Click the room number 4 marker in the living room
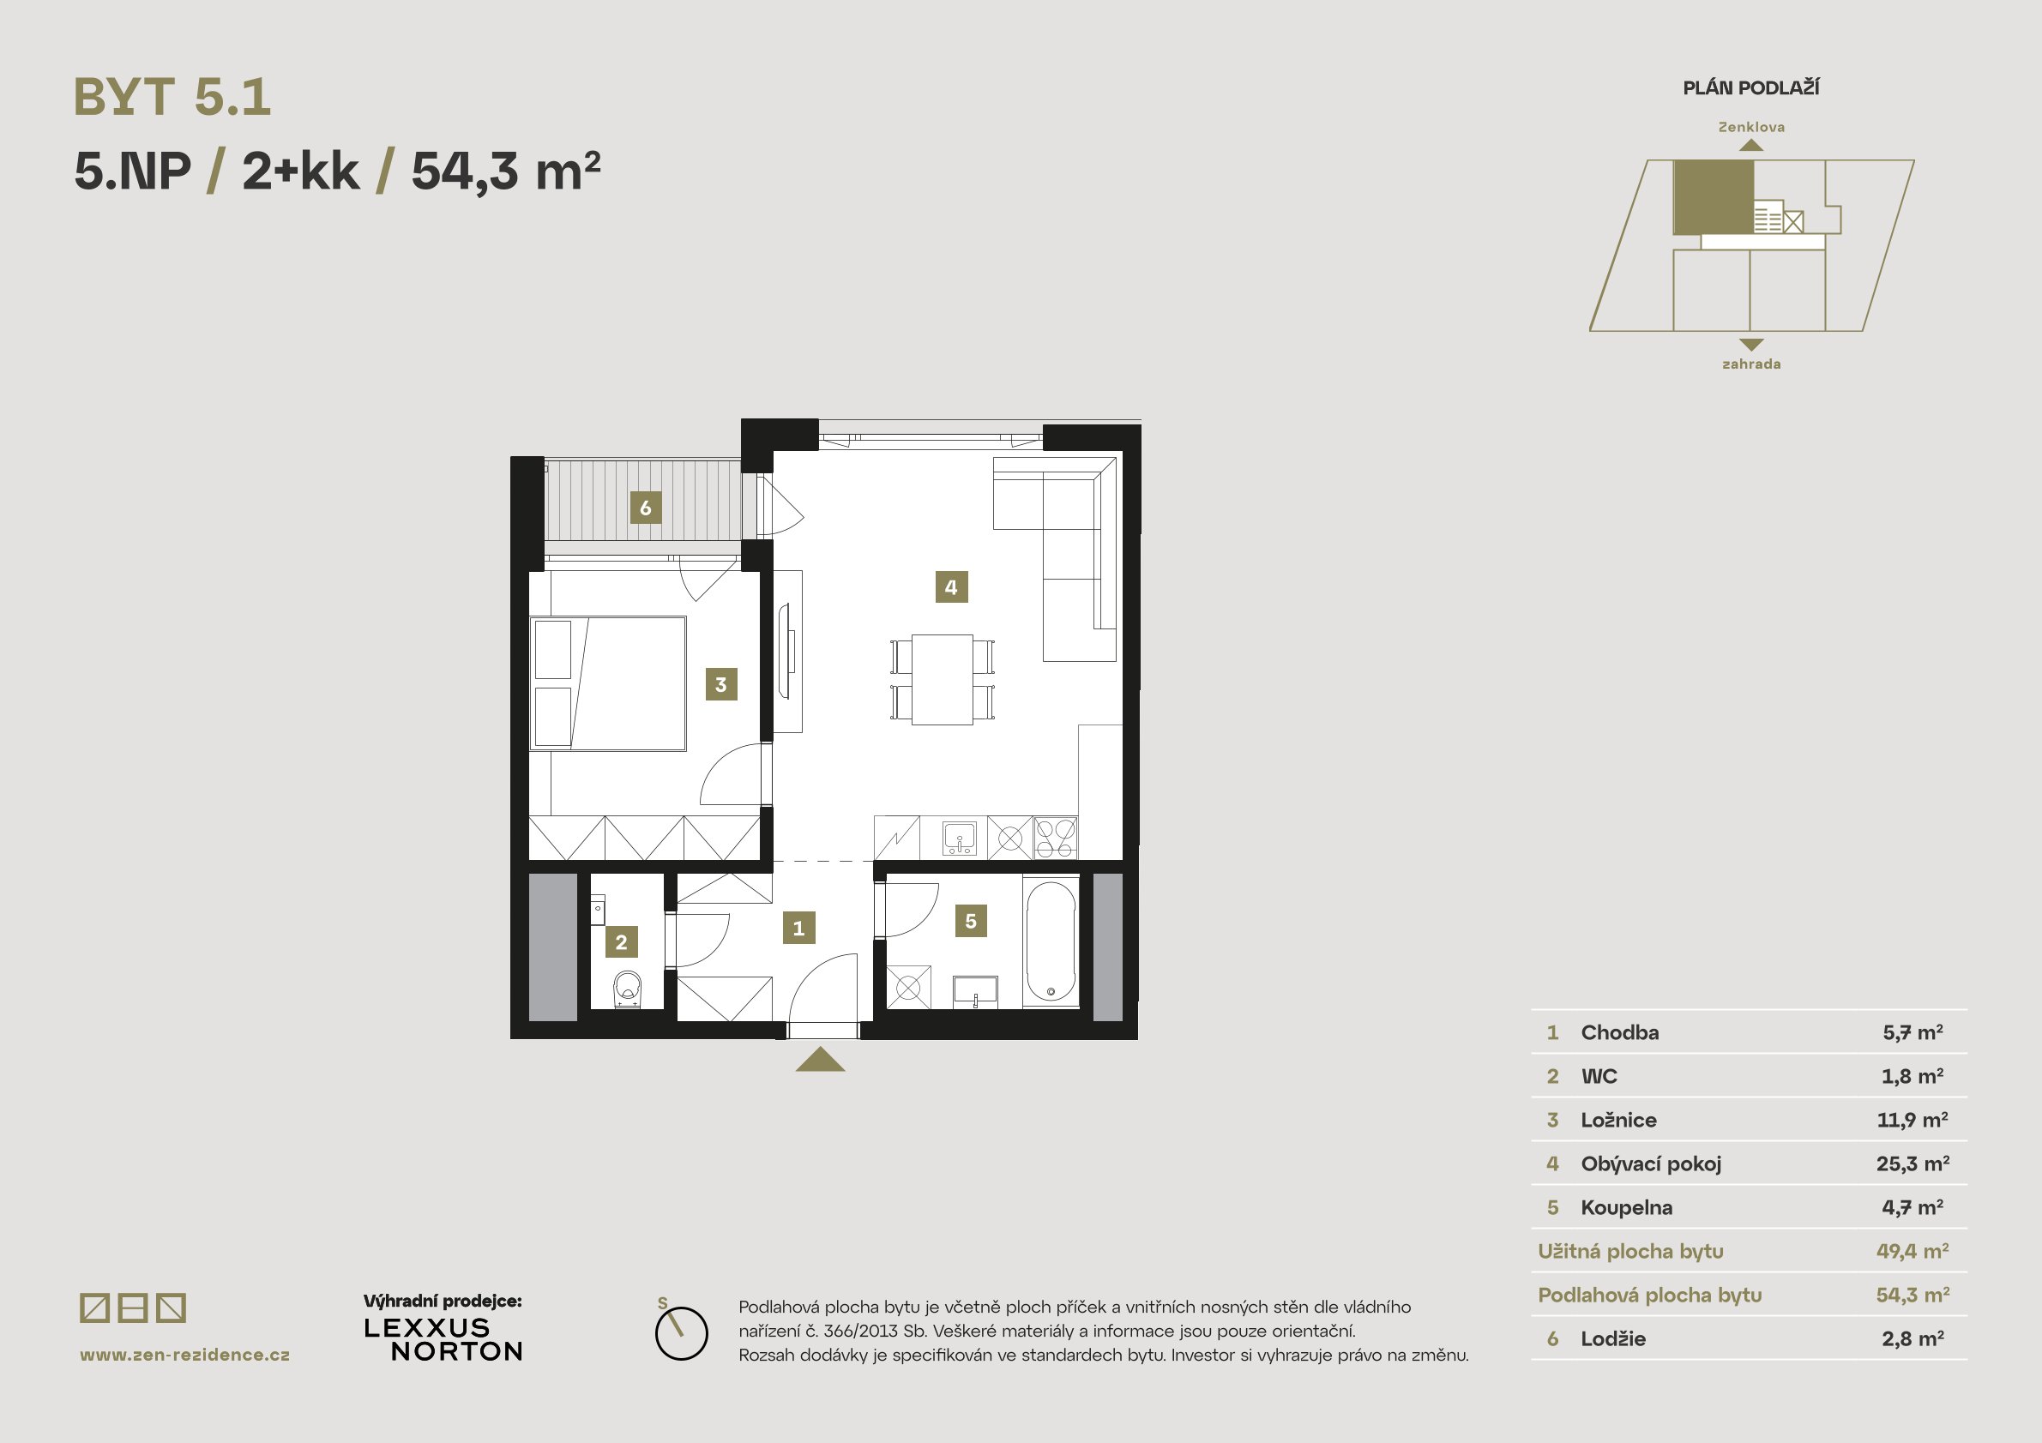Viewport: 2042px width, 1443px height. pyautogui.click(x=951, y=586)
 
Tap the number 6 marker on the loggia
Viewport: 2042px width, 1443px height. pyautogui.click(x=645, y=508)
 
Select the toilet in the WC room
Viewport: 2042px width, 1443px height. pyautogui.click(x=627, y=989)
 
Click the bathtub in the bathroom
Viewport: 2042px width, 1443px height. pyautogui.click(x=1051, y=941)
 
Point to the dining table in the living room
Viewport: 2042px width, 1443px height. pyautogui.click(x=942, y=679)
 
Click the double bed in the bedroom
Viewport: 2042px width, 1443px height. pyautogui.click(x=608, y=683)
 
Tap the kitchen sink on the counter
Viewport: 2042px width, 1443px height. pyautogui.click(x=959, y=839)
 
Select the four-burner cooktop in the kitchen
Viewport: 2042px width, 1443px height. pyautogui.click(x=1055, y=839)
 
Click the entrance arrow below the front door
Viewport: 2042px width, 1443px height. pyautogui.click(x=820, y=1059)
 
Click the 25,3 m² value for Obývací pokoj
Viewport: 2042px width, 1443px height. pyautogui.click(x=1913, y=1163)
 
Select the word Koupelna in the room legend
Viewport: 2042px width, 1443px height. pyautogui.click(x=1626, y=1207)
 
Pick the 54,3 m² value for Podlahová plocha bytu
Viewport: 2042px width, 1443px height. pyautogui.click(x=1913, y=1295)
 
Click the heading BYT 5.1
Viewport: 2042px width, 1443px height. pyautogui.click(x=172, y=97)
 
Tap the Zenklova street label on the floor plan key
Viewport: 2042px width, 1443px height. pyautogui.click(x=1751, y=127)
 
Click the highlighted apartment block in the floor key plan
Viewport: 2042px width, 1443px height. pyautogui.click(x=1714, y=197)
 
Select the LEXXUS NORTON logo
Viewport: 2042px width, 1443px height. pyautogui.click(x=443, y=1340)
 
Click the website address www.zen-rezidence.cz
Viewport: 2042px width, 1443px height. pyautogui.click(x=185, y=1355)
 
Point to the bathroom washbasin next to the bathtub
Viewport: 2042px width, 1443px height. pyautogui.click(x=975, y=991)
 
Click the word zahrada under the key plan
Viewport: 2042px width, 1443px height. pyautogui.click(x=1751, y=364)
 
